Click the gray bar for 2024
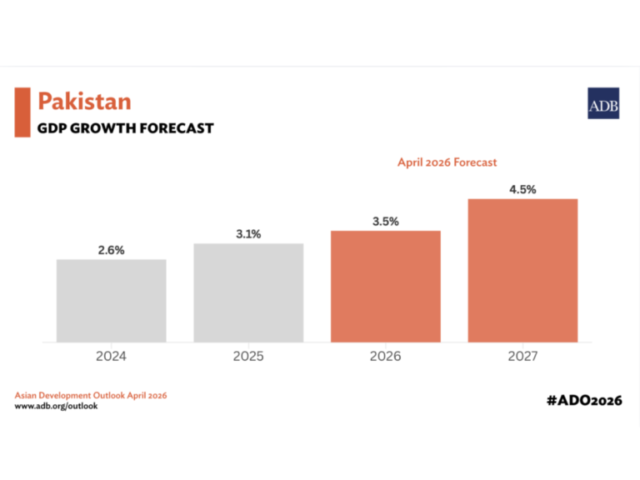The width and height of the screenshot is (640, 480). pos(112,300)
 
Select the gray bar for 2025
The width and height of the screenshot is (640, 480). pos(248,292)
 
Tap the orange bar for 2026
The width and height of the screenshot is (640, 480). pos(385,286)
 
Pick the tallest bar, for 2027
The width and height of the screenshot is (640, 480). pos(522,270)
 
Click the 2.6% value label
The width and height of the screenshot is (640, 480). pos(111,250)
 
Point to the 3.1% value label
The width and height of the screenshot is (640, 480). pos(247,234)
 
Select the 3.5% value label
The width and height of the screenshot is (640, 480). pos(385,222)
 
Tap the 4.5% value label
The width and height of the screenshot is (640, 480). pos(522,190)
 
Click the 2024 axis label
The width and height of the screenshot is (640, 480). pos(112,357)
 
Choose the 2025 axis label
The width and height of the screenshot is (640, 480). pos(248,357)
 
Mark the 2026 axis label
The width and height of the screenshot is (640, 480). pos(385,357)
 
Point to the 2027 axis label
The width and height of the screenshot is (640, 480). pos(522,357)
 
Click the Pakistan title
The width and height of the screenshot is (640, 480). pos(84,102)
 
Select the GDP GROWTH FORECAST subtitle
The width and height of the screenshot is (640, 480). pos(125,128)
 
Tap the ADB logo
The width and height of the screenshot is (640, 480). pos(602,103)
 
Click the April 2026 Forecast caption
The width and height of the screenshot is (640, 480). pos(447,162)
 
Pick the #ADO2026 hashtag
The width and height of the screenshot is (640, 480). pos(585,400)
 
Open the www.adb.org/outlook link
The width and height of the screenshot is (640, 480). pos(56,406)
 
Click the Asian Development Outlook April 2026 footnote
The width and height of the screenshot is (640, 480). pos(91,394)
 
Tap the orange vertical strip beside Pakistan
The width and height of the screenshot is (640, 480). pos(22,112)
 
